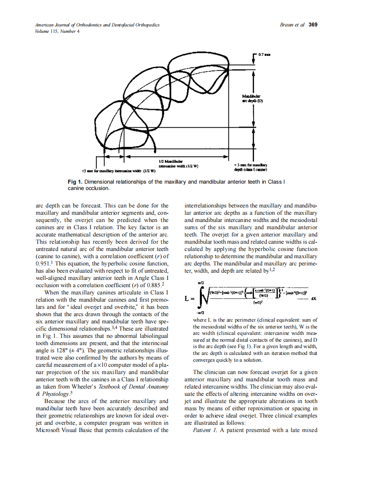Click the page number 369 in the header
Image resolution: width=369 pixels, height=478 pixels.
tap(313, 25)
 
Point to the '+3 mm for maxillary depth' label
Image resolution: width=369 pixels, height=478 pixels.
tap(251, 167)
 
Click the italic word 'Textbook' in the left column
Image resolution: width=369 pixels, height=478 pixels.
tap(111, 387)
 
